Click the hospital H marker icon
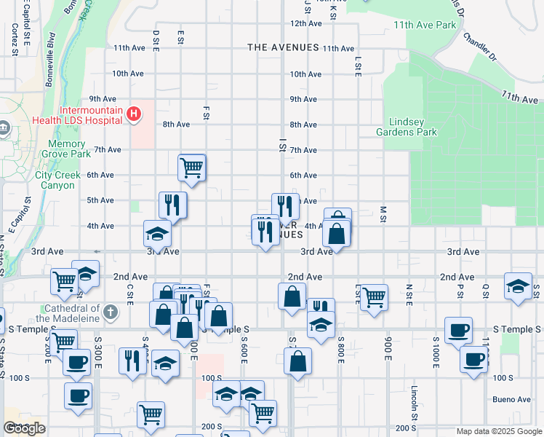coord(133,114)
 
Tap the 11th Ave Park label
coord(425,25)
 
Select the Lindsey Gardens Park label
coord(407,127)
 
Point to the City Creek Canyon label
coord(55,180)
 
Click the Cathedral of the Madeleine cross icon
coord(111,312)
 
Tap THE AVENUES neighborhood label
coord(283,47)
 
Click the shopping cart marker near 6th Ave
coord(191,168)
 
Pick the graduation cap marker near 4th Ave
coord(157,234)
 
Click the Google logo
coord(24,428)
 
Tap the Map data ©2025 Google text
coord(498,431)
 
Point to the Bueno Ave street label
coord(512,399)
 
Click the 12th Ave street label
coord(306,23)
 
